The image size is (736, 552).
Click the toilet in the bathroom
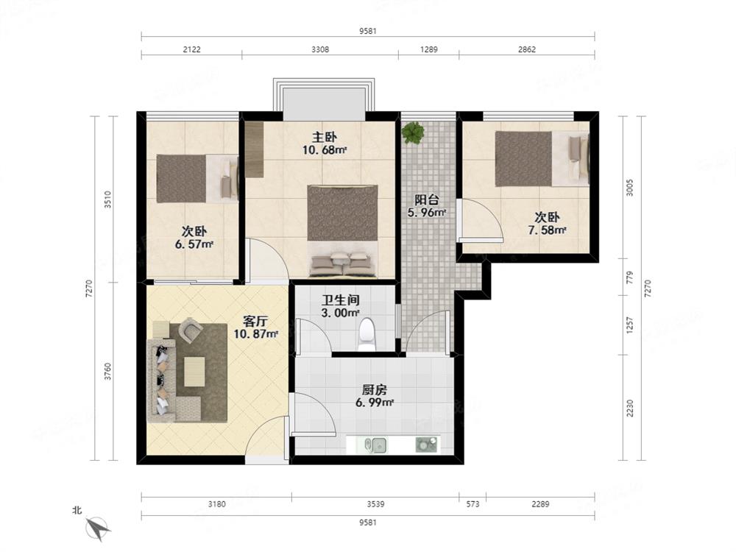(x=366, y=335)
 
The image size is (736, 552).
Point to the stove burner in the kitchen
(x=426, y=445)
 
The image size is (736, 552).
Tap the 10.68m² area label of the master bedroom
(x=325, y=150)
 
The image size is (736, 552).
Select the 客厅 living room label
(x=255, y=322)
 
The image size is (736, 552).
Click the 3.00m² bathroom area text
(x=340, y=313)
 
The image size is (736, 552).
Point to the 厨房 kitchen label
(x=374, y=390)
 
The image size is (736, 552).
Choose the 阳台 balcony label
(x=426, y=199)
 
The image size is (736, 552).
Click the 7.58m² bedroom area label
(x=547, y=230)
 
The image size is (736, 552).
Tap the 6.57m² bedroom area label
(x=194, y=244)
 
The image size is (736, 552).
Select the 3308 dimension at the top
(x=320, y=49)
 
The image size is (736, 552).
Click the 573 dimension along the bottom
(x=473, y=504)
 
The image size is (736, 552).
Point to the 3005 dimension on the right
(x=630, y=188)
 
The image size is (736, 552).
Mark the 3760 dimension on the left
(x=108, y=371)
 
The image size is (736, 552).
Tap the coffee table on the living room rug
(x=194, y=372)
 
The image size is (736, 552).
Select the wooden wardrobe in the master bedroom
(x=254, y=149)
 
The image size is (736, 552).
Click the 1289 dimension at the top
(x=428, y=49)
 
